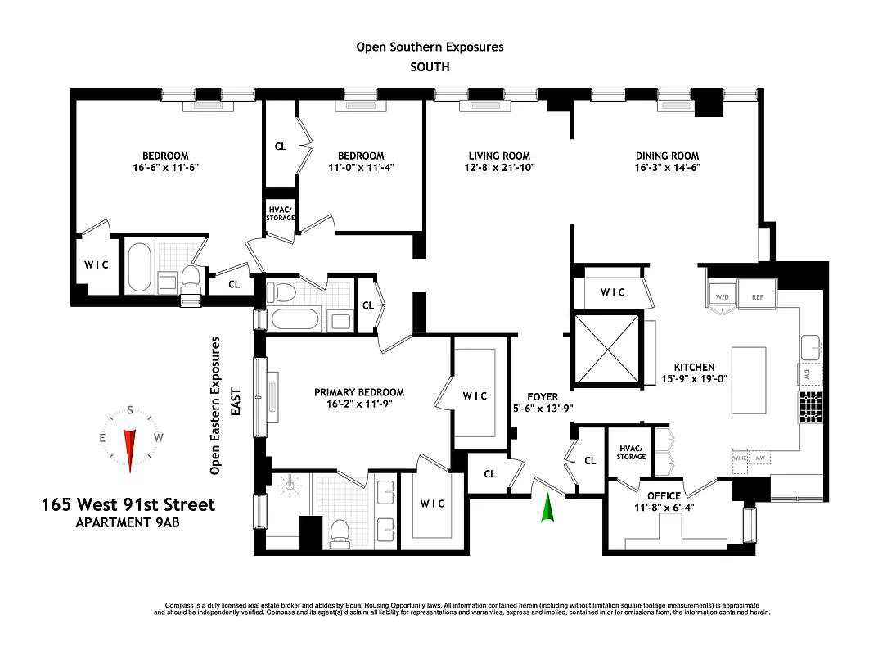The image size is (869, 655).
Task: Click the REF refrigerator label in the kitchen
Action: click(x=757, y=296)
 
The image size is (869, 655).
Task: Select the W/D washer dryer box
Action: click(x=722, y=296)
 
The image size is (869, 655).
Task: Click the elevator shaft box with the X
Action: click(x=606, y=347)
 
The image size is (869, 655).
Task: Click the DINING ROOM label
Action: click(x=667, y=156)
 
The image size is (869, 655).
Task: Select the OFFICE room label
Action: click(x=664, y=496)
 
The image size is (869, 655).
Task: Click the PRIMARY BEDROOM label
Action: click(x=359, y=392)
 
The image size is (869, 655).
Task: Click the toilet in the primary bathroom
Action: click(x=339, y=533)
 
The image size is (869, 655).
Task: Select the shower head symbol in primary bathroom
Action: click(x=290, y=486)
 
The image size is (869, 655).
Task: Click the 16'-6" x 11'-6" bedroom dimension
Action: click(x=165, y=167)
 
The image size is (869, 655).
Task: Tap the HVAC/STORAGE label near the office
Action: click(x=631, y=451)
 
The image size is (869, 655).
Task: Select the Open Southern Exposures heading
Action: click(x=430, y=47)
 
